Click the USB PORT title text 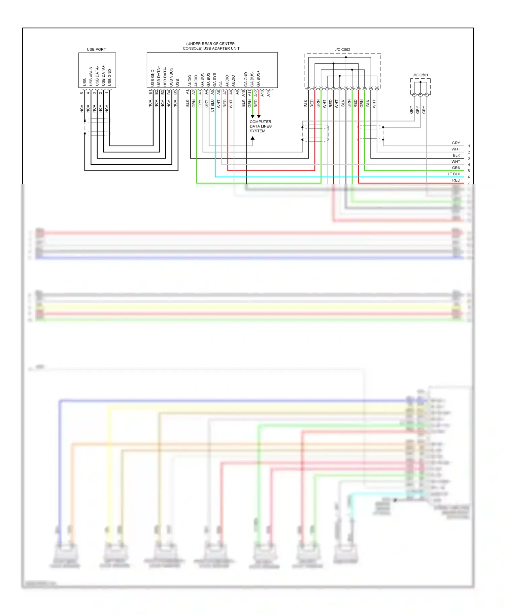(x=96, y=49)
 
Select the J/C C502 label (x=342, y=50)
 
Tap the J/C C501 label (x=420, y=75)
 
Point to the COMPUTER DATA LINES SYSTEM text (x=260, y=126)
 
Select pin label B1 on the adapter (x=150, y=92)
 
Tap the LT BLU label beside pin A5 (x=212, y=105)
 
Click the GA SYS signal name (x=214, y=80)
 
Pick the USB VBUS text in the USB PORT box (x=91, y=76)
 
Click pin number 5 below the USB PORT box (x=82, y=93)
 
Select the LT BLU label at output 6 (x=454, y=174)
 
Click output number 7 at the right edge (x=469, y=183)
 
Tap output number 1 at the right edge (x=469, y=146)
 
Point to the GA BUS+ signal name (x=258, y=78)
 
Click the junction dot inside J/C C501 (x=420, y=82)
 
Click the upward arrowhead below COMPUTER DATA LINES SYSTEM (x=252, y=138)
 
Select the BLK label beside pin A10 (x=243, y=103)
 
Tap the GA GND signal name (x=246, y=79)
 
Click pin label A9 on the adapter (x=237, y=92)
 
